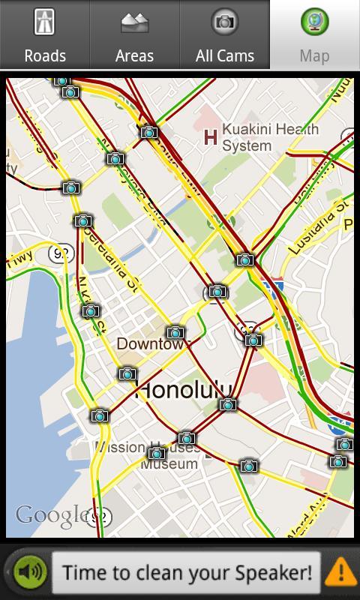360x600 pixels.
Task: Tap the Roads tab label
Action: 45,55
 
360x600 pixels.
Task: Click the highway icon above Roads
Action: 45,22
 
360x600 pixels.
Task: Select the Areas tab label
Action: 134,55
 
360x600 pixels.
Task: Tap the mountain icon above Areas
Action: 134,22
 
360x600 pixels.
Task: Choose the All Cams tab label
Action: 225,55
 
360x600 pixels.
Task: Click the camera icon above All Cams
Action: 224,22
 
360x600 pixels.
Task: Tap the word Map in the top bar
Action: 314,55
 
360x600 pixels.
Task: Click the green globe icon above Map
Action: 314,22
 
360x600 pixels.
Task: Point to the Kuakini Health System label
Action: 270,137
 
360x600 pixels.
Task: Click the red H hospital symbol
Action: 211,137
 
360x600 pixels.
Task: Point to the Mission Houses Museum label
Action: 147,455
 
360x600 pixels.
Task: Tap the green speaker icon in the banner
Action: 31,573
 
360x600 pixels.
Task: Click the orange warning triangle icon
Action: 341,573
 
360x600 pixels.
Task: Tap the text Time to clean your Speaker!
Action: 187,573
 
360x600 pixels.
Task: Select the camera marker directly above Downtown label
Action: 175,332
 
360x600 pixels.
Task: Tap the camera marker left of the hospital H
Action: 149,133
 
